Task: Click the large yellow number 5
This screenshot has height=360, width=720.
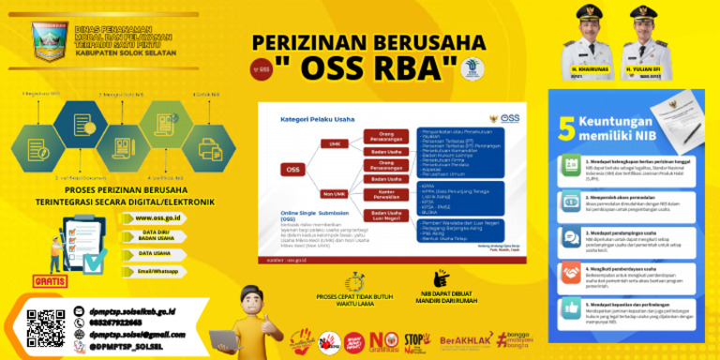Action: click(x=567, y=128)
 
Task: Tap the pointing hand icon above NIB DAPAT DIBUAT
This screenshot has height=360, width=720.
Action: click(x=442, y=278)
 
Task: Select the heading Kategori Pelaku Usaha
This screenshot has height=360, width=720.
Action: click(x=320, y=120)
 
